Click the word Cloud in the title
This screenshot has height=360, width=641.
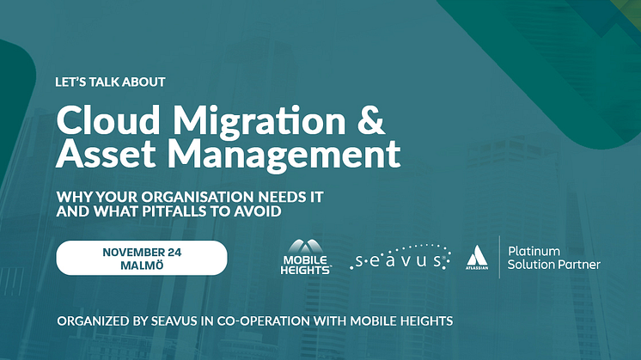point(108,120)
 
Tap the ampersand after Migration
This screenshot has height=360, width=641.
point(371,119)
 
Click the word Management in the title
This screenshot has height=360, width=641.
point(284,156)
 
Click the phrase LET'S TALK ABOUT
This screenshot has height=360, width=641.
point(110,82)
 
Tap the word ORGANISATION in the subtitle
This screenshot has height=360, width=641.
point(198,197)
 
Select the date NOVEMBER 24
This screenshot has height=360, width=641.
point(142,252)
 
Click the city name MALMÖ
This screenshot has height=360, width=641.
point(142,265)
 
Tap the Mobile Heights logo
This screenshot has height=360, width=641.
point(306,257)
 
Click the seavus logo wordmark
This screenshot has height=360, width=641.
point(400,258)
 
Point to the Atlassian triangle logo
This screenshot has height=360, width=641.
point(477,258)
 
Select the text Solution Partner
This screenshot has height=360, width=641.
point(554,265)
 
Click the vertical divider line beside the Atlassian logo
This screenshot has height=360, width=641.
point(499,257)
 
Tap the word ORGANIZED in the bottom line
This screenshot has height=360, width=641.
point(93,321)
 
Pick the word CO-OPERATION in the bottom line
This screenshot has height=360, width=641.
point(263,321)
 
